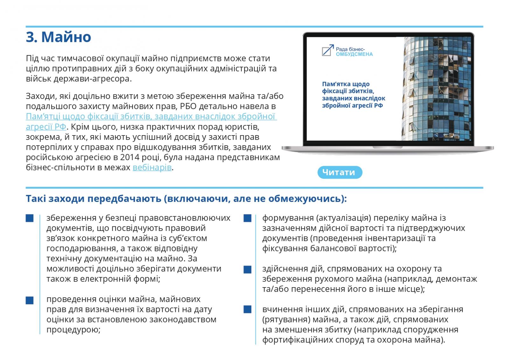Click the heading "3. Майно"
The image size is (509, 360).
tap(59, 37)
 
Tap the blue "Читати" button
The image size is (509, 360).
tap(339, 172)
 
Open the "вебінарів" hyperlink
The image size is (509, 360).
tap(152, 167)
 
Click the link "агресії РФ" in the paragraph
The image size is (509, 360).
tap(46, 127)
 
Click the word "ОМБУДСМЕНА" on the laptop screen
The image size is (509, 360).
tap(354, 54)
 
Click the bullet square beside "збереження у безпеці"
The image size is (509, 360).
tap(30, 218)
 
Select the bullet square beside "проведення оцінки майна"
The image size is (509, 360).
tap(30, 300)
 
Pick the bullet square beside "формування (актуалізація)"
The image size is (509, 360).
tap(247, 218)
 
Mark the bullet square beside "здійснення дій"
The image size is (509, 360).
tap(247, 270)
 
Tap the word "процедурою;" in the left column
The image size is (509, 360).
tap(73, 330)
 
